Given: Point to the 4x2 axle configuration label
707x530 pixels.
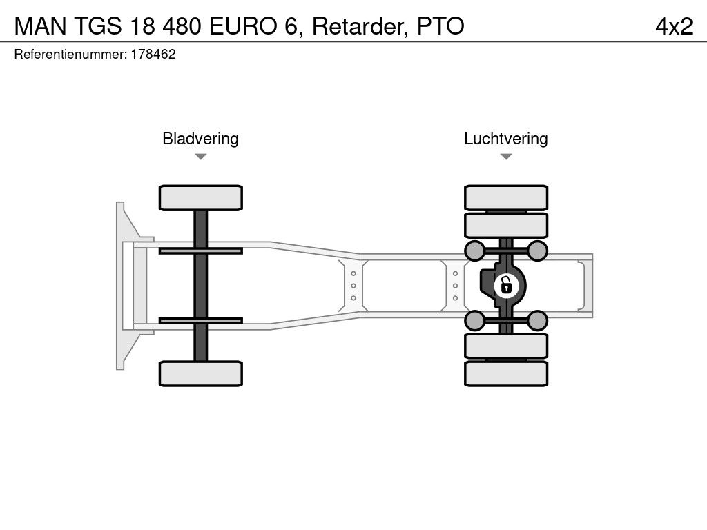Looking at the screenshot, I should pyautogui.click(x=673, y=26).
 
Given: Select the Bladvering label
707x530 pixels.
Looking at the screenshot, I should pyautogui.click(x=200, y=139).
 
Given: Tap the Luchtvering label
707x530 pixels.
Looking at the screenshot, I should pyautogui.click(x=505, y=139).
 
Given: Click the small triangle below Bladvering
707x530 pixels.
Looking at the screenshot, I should pyautogui.click(x=200, y=157).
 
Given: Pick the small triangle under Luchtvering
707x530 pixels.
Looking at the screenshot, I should pyautogui.click(x=505, y=157).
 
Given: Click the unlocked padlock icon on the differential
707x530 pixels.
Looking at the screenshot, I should pyautogui.click(x=506, y=284).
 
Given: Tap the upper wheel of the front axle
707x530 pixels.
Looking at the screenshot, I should pyautogui.click(x=200, y=197).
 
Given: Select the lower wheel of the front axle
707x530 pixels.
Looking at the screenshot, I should pyautogui.click(x=200, y=373).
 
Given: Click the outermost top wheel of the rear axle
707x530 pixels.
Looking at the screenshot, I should pyautogui.click(x=505, y=197).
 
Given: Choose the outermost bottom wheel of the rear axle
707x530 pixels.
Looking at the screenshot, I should pyautogui.click(x=505, y=373).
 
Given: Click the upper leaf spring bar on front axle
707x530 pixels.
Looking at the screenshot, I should pyautogui.click(x=200, y=251).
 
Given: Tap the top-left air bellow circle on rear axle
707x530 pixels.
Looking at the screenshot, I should pyautogui.click(x=474, y=250).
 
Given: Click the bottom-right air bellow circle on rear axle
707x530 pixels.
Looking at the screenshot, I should pyautogui.click(x=537, y=320).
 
